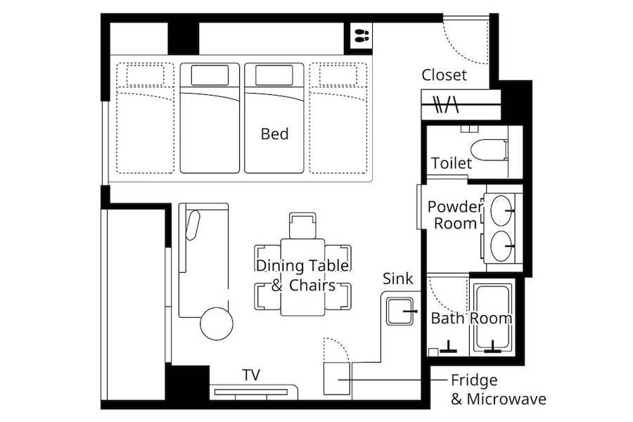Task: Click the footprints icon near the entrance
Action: [362, 36]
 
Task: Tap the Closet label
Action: [444, 75]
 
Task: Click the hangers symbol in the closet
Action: [446, 104]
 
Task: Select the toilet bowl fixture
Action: [490, 150]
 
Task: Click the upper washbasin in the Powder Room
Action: [501, 210]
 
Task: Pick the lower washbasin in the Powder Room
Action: [501, 246]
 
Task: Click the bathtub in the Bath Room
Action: [492, 317]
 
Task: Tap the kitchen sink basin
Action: [399, 312]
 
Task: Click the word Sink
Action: [397, 279]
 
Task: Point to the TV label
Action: [251, 375]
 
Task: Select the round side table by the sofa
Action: [217, 324]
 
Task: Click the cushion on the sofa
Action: [193, 225]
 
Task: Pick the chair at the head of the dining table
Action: [302, 225]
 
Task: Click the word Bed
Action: [274, 134]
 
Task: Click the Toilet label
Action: [452, 163]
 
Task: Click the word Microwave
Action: [506, 399]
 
